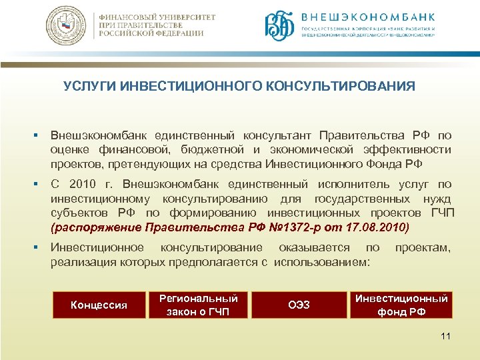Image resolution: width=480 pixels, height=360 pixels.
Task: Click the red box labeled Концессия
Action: pos(99,305)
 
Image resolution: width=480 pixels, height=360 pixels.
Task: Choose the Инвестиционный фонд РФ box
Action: pos(401,305)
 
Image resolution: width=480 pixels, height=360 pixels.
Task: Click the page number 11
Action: pos(445,336)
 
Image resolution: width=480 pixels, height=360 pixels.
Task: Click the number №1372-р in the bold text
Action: pos(291,227)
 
